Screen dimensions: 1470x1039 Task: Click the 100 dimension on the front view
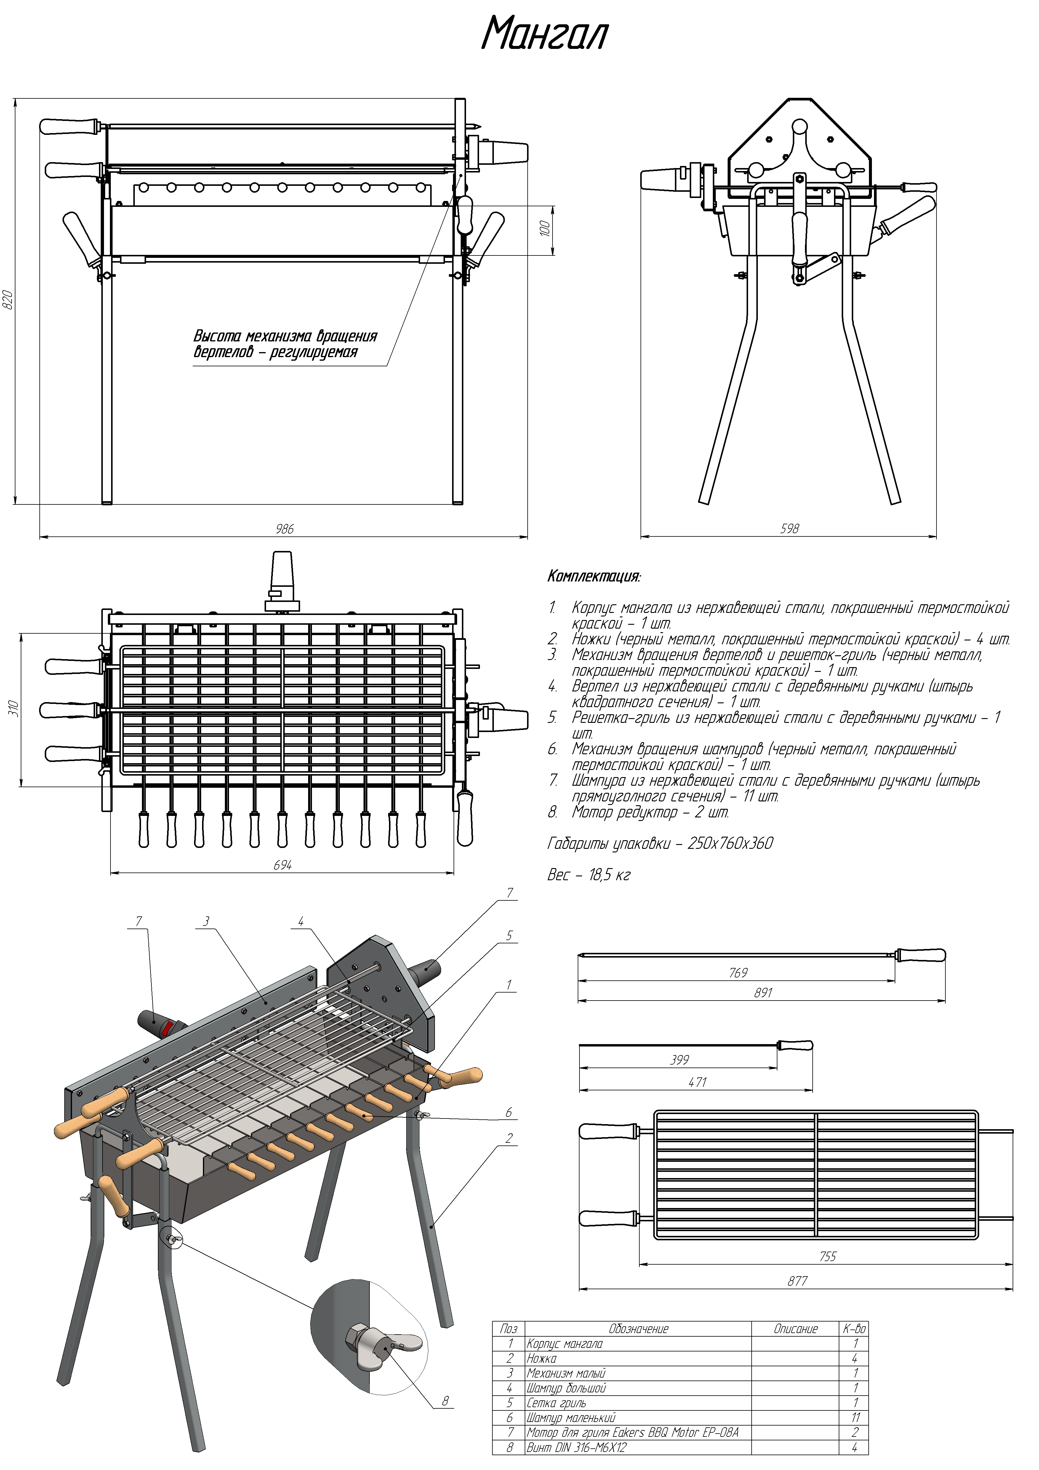point(545,229)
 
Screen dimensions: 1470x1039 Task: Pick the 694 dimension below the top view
point(282,866)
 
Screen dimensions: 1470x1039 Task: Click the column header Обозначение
point(638,1329)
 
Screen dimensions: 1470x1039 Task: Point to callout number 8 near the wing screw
point(446,1401)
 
